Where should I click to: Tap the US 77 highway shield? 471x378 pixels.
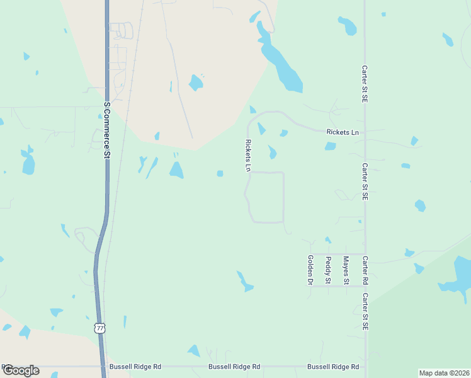coord(99,328)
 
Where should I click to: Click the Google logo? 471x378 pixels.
coord(21,370)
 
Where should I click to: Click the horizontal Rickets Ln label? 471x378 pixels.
coord(343,132)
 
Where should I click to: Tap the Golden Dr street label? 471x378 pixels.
coord(310,270)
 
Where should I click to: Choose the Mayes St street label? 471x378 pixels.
coord(345,269)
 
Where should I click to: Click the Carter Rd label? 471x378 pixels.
coord(365,270)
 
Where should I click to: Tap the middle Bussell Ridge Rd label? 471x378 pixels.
coord(234,366)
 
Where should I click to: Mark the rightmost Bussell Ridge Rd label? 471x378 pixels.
coord(333,366)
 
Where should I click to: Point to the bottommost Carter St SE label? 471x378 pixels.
coord(365,311)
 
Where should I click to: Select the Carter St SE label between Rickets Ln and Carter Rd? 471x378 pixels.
coord(365,181)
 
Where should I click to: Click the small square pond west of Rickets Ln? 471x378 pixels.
coord(220,174)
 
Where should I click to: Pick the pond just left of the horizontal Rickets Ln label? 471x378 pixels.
coord(283,133)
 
